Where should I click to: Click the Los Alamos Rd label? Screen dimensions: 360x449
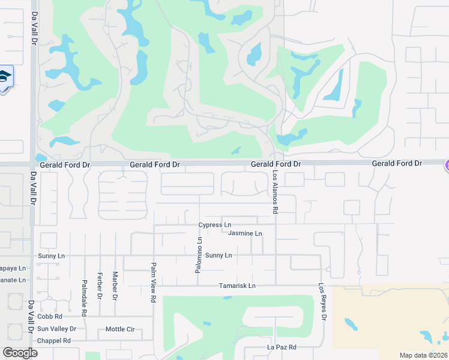[x=276, y=191]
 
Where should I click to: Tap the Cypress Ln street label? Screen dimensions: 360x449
[x=215, y=225]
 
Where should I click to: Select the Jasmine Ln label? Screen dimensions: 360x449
[x=246, y=233]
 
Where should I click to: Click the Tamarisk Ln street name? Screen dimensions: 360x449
[x=237, y=286]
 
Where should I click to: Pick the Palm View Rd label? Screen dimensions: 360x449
[x=154, y=282]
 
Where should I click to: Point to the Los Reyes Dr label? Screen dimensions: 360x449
[x=322, y=301]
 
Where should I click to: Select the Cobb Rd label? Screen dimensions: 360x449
[x=50, y=316]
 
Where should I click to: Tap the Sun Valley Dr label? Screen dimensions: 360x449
[x=56, y=329]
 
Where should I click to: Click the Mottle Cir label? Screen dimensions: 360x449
[x=120, y=329]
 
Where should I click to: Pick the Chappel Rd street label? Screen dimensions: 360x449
[x=54, y=341]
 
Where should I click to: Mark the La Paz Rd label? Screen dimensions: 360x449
[x=282, y=347]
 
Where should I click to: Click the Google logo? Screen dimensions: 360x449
[x=20, y=352]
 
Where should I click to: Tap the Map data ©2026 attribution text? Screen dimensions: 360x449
[x=423, y=355]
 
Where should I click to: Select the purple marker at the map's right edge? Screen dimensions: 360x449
[x=446, y=164]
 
